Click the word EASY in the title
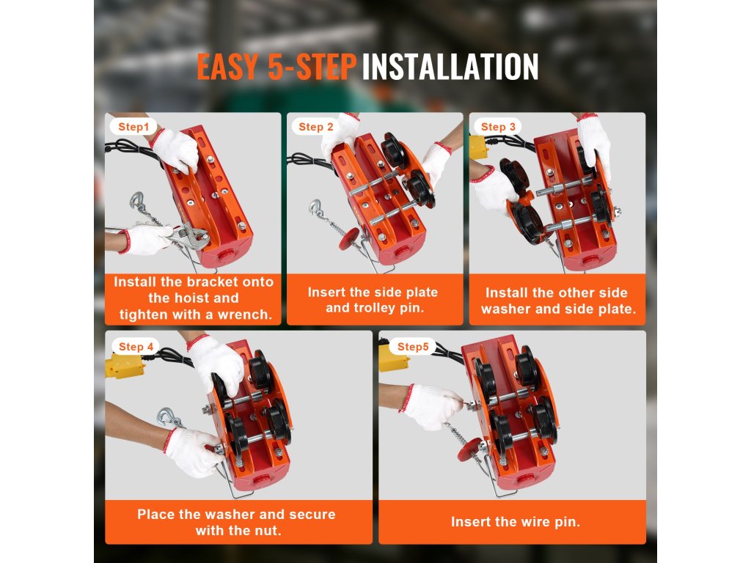click(227, 67)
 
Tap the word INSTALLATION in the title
click(450, 67)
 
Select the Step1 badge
click(133, 127)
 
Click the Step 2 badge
click(315, 127)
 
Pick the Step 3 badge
click(498, 127)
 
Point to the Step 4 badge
click(136, 347)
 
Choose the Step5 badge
click(413, 347)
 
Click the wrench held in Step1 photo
click(184, 235)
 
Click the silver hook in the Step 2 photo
click(316, 209)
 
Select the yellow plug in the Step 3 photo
click(478, 147)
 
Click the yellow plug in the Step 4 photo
click(124, 366)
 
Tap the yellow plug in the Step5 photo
click(393, 358)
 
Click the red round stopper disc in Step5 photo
click(470, 449)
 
